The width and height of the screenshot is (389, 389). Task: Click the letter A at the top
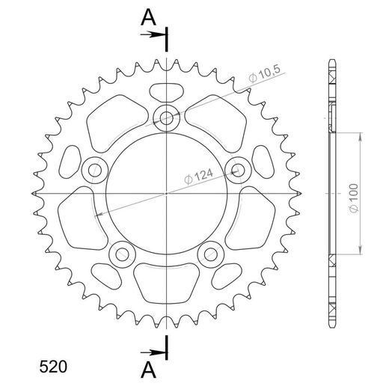(150, 16)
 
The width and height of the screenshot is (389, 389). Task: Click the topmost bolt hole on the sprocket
(165, 118)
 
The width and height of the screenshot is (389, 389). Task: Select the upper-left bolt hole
(94, 170)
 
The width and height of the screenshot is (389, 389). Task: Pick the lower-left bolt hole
(120, 254)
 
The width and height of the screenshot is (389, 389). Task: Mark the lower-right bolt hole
(210, 254)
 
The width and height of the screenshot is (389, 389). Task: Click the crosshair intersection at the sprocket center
(165, 194)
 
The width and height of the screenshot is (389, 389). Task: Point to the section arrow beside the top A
(155, 34)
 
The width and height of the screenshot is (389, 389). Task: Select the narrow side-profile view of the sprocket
(330, 194)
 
